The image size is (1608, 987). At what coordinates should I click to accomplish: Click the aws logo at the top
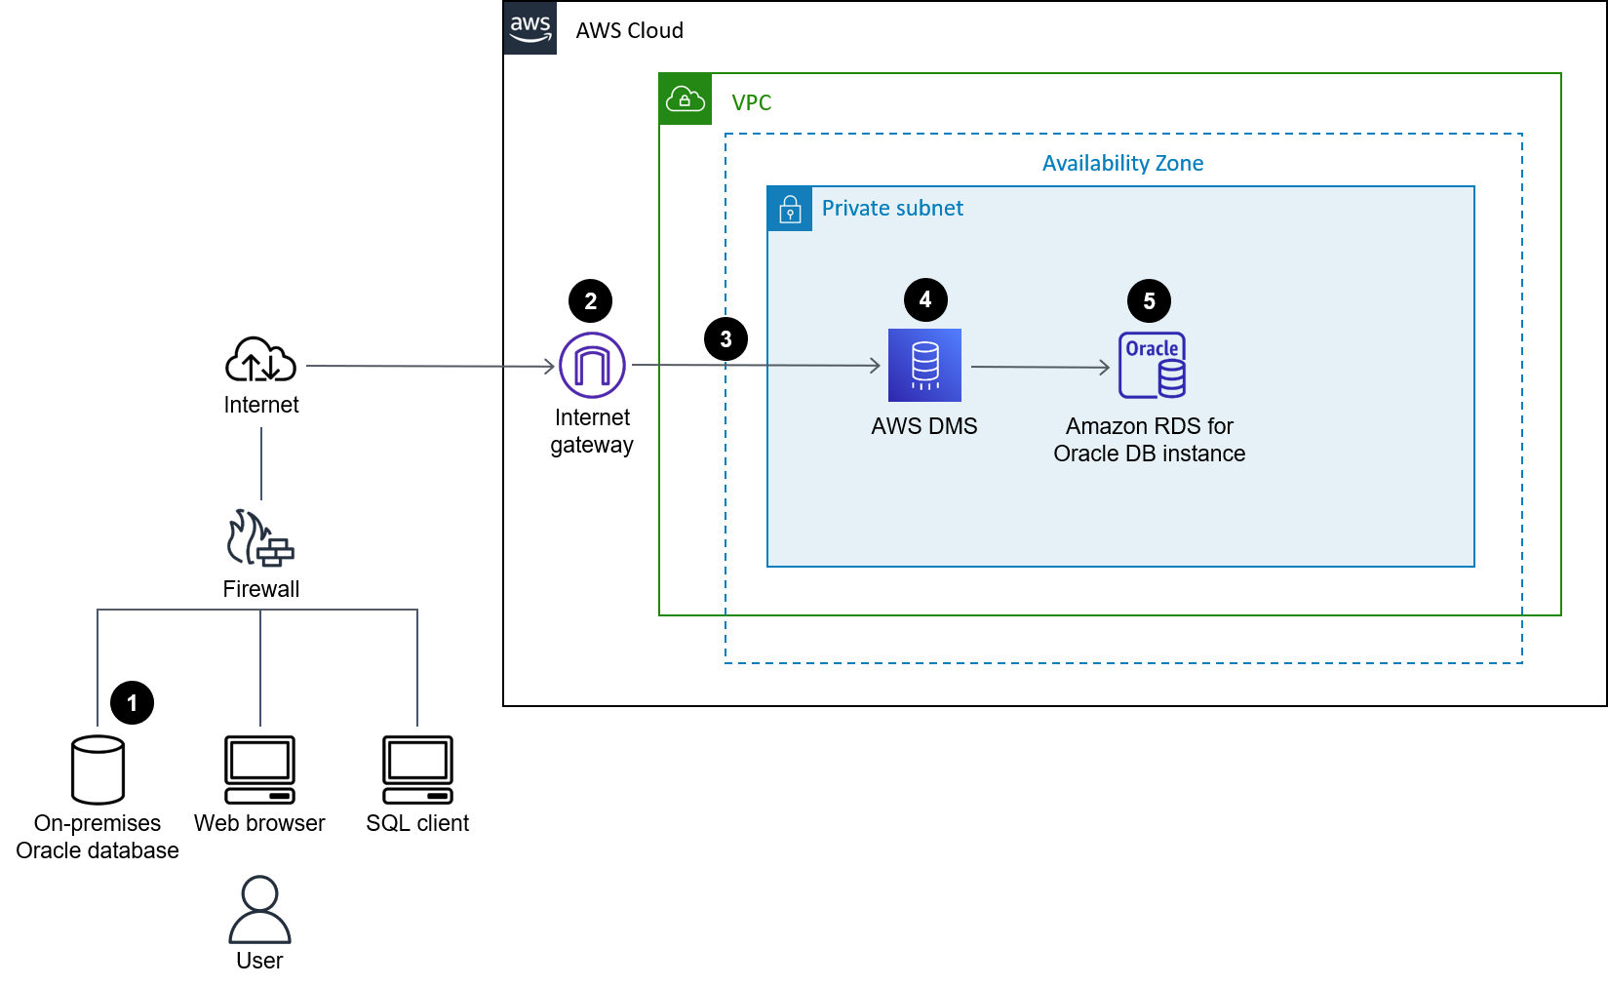point(529,27)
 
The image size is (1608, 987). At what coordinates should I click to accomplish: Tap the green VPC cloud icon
point(685,99)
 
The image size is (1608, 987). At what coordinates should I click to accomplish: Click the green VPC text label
point(751,102)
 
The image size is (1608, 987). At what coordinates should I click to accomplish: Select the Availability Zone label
point(1122,163)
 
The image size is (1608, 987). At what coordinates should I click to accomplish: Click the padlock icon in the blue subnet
point(790,210)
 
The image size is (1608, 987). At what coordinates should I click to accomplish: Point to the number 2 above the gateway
point(590,301)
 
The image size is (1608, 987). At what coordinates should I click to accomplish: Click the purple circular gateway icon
point(592,365)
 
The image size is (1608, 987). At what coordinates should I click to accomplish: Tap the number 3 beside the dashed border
point(726,339)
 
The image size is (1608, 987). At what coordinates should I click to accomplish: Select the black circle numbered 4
point(925,299)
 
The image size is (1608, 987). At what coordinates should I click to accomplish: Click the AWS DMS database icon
point(924,365)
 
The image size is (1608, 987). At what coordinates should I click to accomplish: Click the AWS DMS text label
point(923,426)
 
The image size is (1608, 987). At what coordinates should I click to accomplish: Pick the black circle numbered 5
point(1149,301)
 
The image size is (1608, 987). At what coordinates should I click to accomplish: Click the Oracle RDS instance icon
point(1152,365)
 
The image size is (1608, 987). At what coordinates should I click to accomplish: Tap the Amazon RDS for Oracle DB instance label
point(1149,440)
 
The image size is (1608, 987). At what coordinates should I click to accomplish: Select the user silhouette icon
point(259,909)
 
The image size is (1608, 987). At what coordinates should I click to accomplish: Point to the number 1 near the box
point(132,703)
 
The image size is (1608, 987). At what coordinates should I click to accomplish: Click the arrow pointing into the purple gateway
point(429,366)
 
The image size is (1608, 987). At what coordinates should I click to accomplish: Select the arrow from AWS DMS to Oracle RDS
point(1039,367)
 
